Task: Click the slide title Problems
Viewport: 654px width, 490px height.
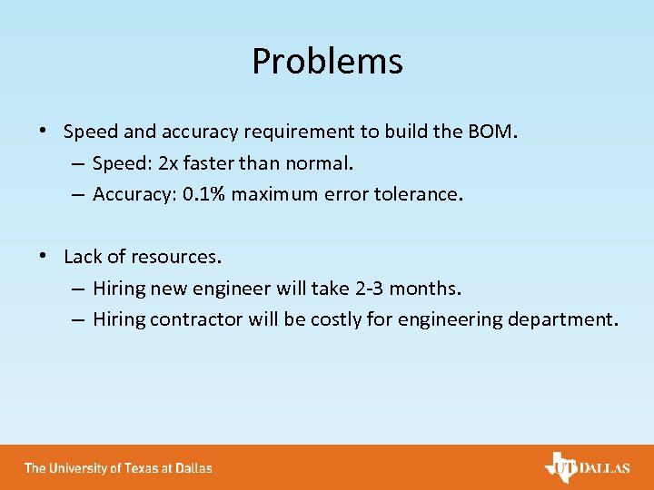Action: point(327,62)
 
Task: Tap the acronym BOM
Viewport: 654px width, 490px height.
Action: point(490,132)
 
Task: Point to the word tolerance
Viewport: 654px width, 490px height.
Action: point(418,194)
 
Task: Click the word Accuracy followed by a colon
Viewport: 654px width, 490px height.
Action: point(131,194)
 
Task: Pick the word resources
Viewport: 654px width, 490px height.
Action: point(176,257)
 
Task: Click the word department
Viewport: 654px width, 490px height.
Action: point(570,319)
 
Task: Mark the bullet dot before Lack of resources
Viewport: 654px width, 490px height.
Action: point(44,256)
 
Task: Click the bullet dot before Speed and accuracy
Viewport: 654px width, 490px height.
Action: point(44,131)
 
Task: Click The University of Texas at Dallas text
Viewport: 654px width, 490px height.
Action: point(118,468)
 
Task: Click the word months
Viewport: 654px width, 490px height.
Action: point(430,289)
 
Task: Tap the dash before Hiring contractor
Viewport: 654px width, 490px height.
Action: point(76,319)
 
